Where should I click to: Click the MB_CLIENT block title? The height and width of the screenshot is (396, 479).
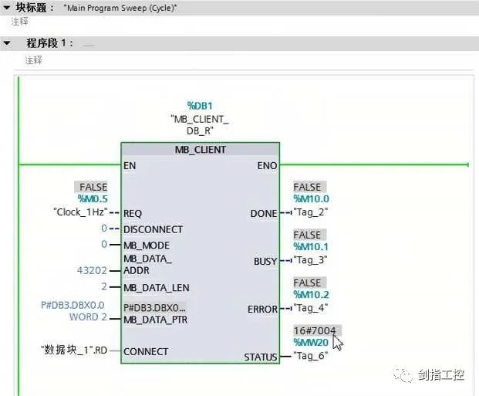(200, 149)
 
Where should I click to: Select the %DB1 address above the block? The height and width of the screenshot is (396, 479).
(199, 105)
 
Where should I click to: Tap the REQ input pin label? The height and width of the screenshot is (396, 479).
(132, 213)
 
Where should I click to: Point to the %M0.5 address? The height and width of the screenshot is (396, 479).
(92, 199)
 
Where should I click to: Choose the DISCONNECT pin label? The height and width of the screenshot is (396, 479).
(153, 229)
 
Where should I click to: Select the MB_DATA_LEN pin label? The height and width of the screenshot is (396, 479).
(156, 288)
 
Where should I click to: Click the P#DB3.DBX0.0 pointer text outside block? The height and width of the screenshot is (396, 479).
(73, 306)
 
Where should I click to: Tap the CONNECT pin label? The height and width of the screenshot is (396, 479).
(145, 352)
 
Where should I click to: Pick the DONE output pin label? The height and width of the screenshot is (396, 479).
(263, 213)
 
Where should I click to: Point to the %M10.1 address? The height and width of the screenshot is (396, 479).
(311, 247)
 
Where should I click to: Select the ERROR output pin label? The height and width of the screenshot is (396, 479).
(262, 309)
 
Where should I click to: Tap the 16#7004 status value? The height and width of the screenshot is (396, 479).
(314, 330)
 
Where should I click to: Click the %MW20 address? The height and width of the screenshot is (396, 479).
(311, 343)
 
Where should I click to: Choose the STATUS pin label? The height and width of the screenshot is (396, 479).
(260, 357)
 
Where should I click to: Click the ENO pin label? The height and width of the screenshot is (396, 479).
(267, 165)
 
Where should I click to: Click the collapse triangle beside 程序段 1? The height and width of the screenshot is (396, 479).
(8, 43)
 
